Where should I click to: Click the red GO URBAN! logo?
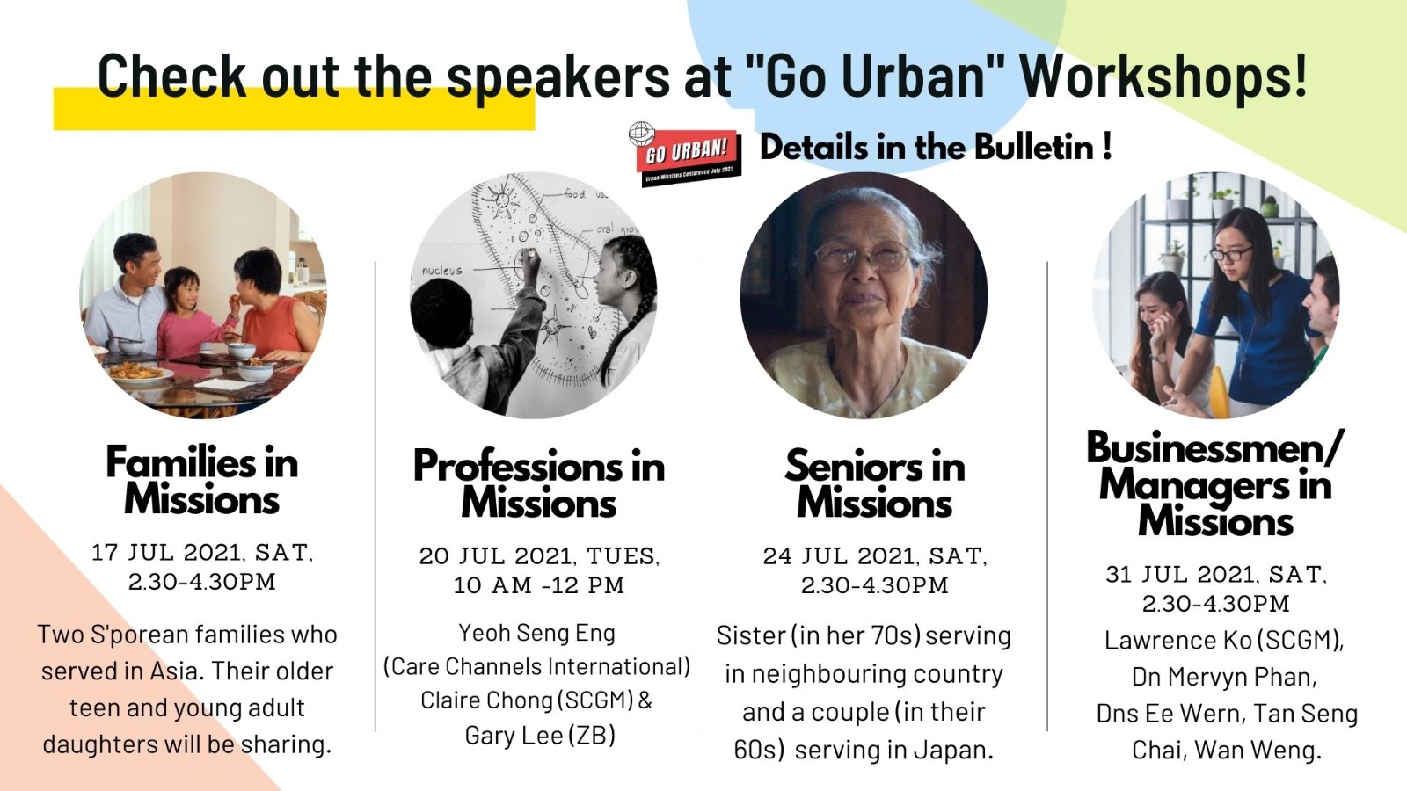[686, 155]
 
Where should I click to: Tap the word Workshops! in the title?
[1163, 76]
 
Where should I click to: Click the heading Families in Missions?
[201, 480]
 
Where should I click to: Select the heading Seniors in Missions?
[874, 483]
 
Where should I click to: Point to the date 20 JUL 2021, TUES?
[540, 556]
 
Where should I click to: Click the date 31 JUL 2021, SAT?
[1217, 575]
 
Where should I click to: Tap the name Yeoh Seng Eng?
[537, 633]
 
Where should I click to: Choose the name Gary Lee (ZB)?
[540, 735]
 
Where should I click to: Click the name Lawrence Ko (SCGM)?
[1223, 641]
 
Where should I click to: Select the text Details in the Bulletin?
[929, 148]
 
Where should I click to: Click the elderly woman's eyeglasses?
[863, 258]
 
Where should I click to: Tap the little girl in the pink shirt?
[188, 313]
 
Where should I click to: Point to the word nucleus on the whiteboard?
[441, 271]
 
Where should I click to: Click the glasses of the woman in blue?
[1230, 254]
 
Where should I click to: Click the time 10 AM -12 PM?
[539, 585]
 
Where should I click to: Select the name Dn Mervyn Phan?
[1224, 677]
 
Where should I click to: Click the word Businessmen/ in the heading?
[1215, 446]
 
